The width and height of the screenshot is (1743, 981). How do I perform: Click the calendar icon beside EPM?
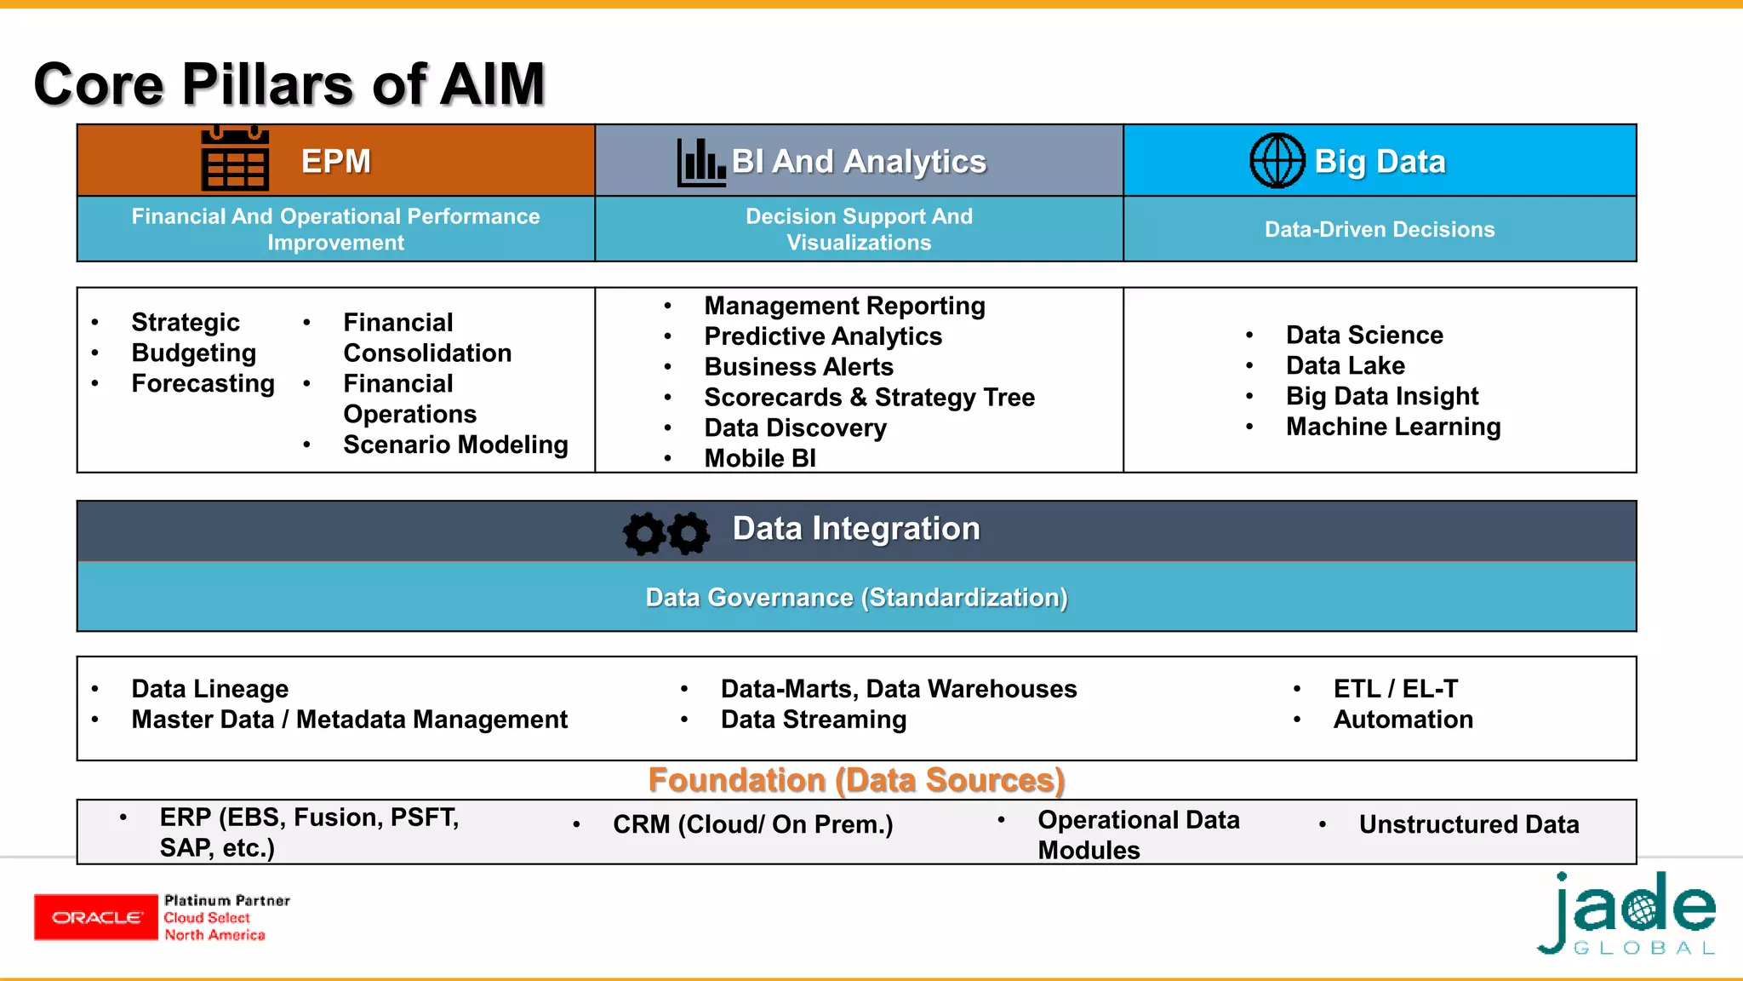point(235,160)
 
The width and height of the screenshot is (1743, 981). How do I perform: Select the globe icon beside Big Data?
point(1277,161)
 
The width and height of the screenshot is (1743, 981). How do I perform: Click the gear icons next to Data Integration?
point(666,533)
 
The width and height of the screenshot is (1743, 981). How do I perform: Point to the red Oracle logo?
point(95,917)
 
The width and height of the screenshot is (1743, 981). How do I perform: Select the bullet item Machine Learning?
point(1392,427)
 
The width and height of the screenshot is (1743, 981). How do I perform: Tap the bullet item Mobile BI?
point(759,458)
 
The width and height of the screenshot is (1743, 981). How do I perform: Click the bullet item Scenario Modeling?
point(455,445)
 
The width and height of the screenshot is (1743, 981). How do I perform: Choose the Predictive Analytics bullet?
point(822,336)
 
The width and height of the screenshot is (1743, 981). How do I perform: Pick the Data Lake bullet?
point(1345,365)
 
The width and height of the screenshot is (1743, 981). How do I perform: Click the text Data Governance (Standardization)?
point(856,597)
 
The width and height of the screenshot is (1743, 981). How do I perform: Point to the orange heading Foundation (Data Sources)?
point(856,780)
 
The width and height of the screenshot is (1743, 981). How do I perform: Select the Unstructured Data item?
point(1468,824)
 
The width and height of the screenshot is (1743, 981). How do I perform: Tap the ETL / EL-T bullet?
point(1395,688)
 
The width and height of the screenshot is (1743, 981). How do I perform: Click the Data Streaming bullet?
point(813,720)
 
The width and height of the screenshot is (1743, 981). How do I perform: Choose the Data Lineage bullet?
point(209,688)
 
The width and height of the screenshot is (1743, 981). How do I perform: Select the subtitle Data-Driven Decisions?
point(1379,229)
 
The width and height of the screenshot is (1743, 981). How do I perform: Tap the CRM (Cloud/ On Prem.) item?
point(752,824)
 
